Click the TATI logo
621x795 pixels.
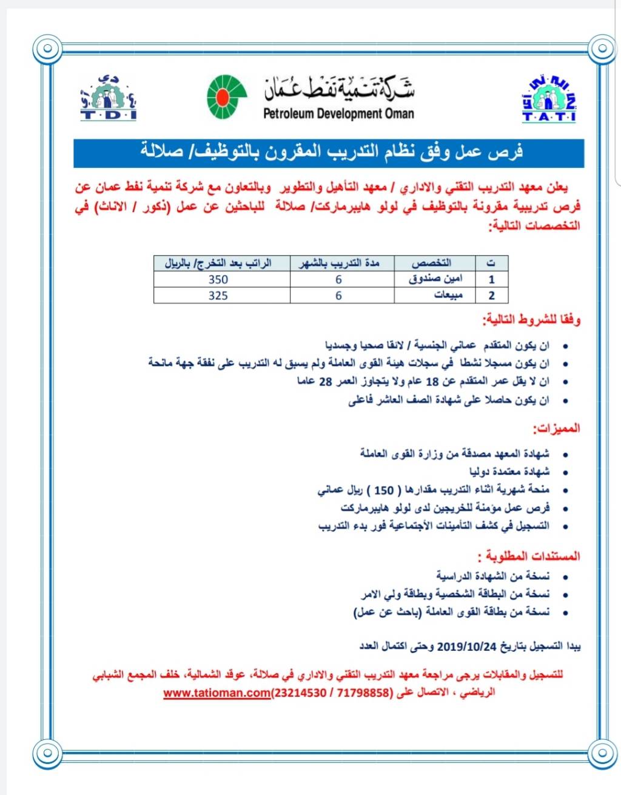pos(549,99)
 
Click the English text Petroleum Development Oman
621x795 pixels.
pos(338,113)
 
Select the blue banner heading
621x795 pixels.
pos(329,152)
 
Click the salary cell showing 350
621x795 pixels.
pos(218,279)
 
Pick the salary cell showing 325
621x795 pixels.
pos(218,296)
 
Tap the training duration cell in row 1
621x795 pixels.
pos(338,279)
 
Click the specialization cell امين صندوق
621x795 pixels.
pos(435,279)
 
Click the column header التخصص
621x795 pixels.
pos(431,263)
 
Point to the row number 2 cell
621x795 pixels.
pos(491,296)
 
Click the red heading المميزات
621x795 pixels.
pos(556,428)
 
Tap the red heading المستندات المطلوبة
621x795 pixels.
pos(529,556)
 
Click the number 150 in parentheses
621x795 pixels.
pos(384,490)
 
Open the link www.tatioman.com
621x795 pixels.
pos(217,693)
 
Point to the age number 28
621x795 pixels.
pos(326,382)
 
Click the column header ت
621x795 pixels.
pos(491,263)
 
